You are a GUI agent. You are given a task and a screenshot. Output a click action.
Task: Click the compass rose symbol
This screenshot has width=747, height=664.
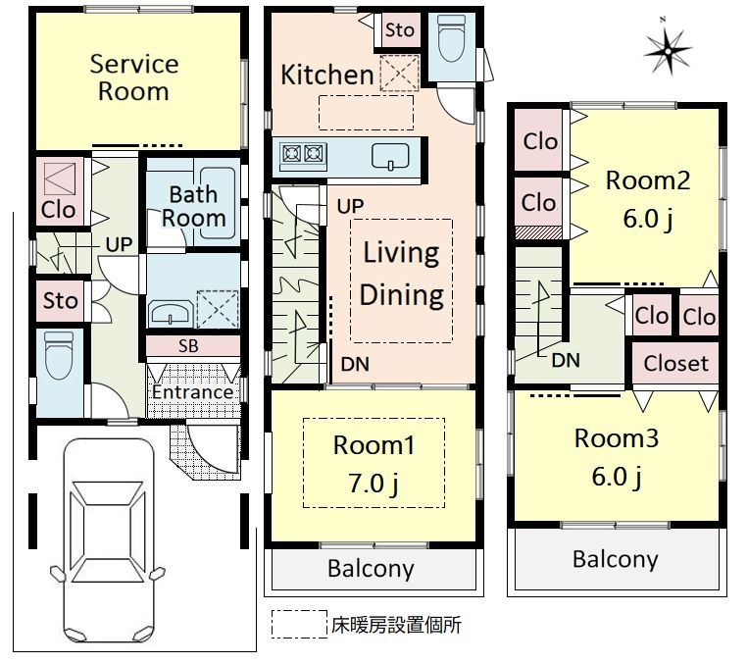pos(668,51)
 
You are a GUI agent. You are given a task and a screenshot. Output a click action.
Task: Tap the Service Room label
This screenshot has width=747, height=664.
pos(134,77)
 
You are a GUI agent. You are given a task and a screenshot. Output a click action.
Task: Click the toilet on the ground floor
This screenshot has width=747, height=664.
pos(59,355)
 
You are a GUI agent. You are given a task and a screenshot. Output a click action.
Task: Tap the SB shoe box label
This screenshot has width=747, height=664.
pos(188,346)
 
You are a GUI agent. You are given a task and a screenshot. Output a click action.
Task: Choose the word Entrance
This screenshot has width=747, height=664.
pos(192,392)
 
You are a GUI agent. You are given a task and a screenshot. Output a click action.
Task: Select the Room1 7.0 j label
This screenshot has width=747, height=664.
pos(373,463)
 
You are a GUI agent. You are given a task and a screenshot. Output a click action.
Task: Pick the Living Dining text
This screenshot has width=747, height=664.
pos(401,273)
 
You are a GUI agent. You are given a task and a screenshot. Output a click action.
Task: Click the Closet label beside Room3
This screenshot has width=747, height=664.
pos(675,363)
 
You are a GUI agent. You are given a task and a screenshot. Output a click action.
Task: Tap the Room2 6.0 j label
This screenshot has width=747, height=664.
pos(648,199)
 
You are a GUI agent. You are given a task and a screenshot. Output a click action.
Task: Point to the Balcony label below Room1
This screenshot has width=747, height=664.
pos(371,568)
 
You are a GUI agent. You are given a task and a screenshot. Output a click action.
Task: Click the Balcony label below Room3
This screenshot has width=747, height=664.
pos(615,559)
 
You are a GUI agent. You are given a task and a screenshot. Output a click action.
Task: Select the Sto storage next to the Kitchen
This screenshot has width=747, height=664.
pos(399,30)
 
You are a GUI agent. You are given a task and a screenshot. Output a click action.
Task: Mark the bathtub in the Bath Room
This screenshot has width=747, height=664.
pos(218,203)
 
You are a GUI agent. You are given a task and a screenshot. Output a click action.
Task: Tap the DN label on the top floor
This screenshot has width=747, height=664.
pos(566,361)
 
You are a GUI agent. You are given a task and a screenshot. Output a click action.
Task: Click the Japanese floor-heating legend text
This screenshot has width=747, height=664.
pos(396,625)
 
